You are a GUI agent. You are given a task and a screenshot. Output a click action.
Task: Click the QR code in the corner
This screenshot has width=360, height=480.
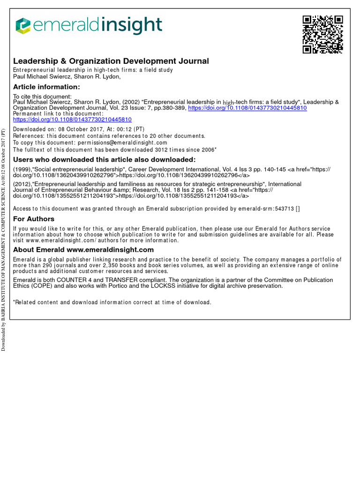tap(322, 35)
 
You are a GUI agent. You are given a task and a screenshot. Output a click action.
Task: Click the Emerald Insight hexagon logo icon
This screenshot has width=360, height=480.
tap(22, 26)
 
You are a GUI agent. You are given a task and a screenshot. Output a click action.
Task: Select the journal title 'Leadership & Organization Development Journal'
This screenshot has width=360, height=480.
tap(111, 61)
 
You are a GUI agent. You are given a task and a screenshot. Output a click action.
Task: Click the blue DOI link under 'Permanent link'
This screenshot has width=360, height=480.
tap(72, 120)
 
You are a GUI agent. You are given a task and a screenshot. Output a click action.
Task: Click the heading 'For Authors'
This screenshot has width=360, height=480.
tap(34, 219)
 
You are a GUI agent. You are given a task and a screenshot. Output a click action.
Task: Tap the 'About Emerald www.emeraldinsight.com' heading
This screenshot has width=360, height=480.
tap(83, 250)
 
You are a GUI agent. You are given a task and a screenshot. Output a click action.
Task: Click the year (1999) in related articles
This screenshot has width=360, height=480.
tap(22, 169)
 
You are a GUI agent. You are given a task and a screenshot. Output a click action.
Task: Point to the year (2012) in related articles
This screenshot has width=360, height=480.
tap(22, 184)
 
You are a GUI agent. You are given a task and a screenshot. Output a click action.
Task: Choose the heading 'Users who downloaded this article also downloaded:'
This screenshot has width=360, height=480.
tap(104, 159)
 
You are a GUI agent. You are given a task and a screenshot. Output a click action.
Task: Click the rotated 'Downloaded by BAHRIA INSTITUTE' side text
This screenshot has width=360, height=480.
tap(3, 239)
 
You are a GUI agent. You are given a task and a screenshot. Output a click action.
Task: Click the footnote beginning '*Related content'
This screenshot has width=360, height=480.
tap(112, 302)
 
